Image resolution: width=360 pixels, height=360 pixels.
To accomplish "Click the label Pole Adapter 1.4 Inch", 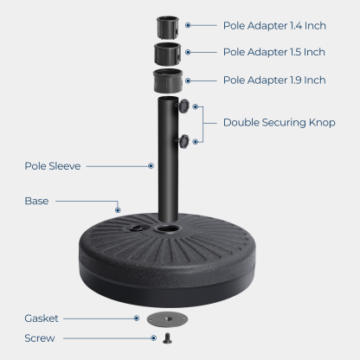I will coord(273,26).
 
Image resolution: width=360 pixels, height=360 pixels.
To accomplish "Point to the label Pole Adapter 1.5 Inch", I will coord(273,53).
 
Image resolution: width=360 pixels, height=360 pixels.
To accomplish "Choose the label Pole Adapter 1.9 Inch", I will coord(273,80).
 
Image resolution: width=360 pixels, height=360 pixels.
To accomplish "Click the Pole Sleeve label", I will coord(54,165).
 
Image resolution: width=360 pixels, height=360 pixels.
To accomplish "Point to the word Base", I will coord(37,201).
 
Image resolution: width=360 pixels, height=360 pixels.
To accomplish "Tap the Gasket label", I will coord(42,318).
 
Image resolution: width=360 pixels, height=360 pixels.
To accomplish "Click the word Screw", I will coord(39,337).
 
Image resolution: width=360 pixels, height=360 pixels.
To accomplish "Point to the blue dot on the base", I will coord(117,208).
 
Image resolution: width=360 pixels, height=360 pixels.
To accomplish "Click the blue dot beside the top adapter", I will coord(187,26).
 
